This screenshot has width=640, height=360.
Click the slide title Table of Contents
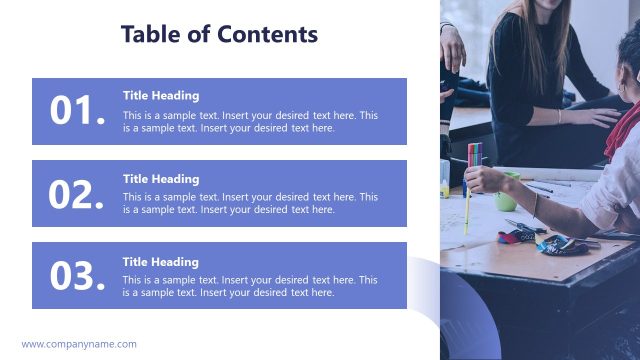[x=219, y=34]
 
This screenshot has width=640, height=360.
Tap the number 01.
[x=78, y=112]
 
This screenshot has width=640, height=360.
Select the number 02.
[x=78, y=194]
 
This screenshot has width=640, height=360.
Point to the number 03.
[x=78, y=276]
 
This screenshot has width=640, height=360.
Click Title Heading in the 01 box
[x=161, y=96]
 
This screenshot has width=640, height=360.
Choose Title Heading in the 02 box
[x=161, y=179]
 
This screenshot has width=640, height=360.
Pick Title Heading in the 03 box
[x=161, y=262]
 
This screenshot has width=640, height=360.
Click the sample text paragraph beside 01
[x=250, y=121]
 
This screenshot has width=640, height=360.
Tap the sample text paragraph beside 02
[x=250, y=203]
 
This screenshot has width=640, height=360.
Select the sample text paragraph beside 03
[x=250, y=286]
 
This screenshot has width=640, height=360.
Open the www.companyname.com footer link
[x=79, y=344]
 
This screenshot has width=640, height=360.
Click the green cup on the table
[x=507, y=192]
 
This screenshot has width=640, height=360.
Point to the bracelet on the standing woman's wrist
[x=559, y=116]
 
